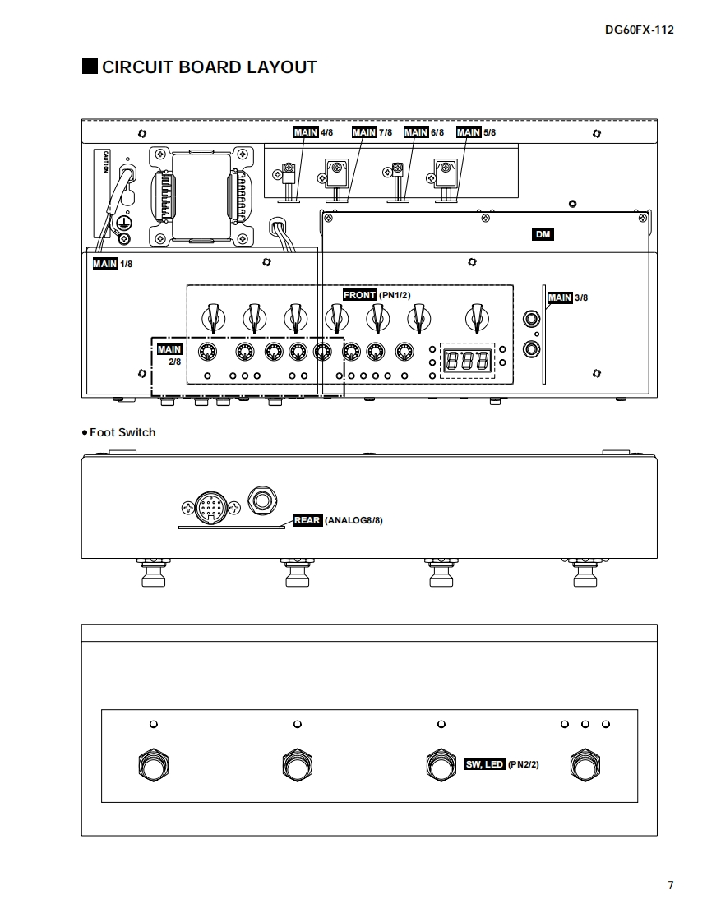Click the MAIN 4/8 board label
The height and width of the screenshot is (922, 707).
click(x=313, y=132)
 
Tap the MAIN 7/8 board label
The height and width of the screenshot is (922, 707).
click(x=372, y=132)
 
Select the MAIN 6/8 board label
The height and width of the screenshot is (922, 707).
click(x=423, y=132)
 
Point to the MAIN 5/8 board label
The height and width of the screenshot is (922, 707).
click(x=476, y=132)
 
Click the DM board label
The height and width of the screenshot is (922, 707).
click(x=543, y=235)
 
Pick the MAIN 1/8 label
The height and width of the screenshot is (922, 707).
click(x=112, y=264)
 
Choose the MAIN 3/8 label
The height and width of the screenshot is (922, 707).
click(x=567, y=297)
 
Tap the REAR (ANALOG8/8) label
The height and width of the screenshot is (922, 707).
click(x=338, y=521)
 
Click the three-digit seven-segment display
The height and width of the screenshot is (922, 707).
click(x=467, y=360)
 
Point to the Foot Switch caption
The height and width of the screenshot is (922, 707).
click(x=119, y=432)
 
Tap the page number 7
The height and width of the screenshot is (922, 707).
click(x=671, y=885)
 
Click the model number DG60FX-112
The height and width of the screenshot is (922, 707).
click(x=639, y=30)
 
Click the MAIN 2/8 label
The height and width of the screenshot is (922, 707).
click(x=169, y=355)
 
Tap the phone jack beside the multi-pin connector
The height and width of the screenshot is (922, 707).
click(x=262, y=500)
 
